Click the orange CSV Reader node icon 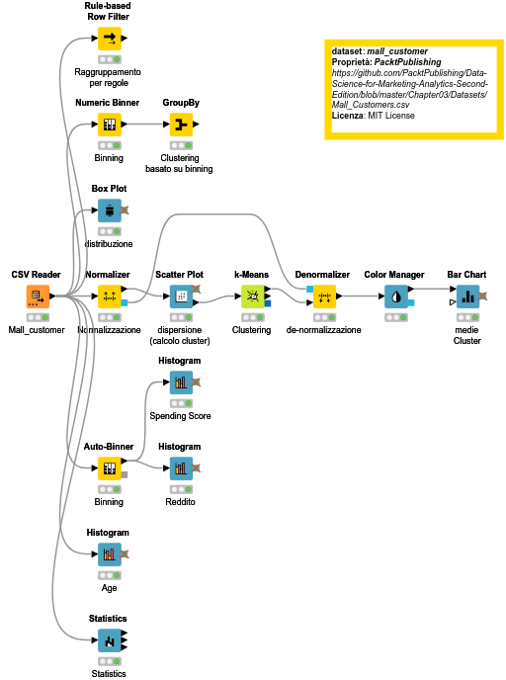tap(38, 297)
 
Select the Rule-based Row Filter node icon tap(110, 39)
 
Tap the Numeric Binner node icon tap(110, 125)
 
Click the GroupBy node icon tap(181, 125)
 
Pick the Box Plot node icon tap(110, 211)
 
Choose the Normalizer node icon tap(110, 297)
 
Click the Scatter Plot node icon tap(181, 297)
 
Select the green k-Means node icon tap(253, 297)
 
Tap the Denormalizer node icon tap(324, 297)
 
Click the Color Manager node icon tap(396, 297)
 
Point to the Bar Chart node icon tap(467, 297)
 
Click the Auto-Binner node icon tap(110, 468)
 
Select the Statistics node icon tap(110, 640)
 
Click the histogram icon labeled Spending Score tap(181, 382)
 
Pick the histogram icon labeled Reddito tap(181, 468)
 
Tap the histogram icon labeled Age tap(110, 554)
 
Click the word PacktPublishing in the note tap(407, 62)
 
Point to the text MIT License tap(391, 116)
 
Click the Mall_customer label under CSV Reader tap(37, 330)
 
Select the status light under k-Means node tap(253, 317)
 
